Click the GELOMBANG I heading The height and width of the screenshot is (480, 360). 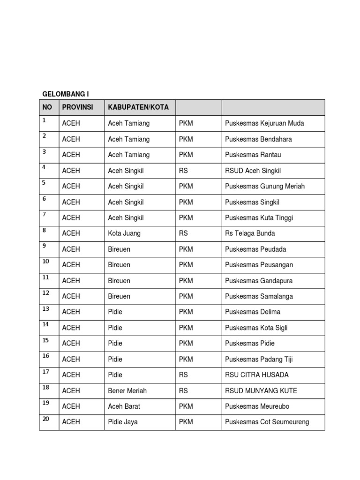click(x=66, y=94)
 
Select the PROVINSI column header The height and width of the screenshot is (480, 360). click(x=77, y=107)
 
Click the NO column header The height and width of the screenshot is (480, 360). click(x=47, y=107)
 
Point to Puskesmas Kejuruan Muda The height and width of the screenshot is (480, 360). click(x=264, y=123)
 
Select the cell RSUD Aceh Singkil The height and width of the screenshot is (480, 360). click(x=253, y=171)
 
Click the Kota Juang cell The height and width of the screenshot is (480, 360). click(x=124, y=233)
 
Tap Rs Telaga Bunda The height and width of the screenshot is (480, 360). click(x=250, y=233)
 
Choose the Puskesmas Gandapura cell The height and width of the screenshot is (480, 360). click(x=259, y=281)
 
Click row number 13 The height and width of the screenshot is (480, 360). click(x=46, y=309)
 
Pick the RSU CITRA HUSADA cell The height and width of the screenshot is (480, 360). click(x=257, y=375)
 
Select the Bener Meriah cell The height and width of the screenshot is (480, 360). click(x=127, y=390)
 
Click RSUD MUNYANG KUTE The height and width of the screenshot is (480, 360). click(x=261, y=390)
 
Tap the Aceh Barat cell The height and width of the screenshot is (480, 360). click(x=124, y=406)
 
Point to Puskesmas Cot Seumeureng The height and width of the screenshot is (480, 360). click(x=267, y=422)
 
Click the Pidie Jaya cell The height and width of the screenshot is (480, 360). click(x=122, y=422)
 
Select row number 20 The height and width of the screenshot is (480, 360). click(x=46, y=419)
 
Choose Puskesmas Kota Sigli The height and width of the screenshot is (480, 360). click(x=256, y=328)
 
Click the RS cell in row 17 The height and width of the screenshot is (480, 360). click(x=183, y=375)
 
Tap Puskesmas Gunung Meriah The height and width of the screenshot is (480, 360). click(x=265, y=186)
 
